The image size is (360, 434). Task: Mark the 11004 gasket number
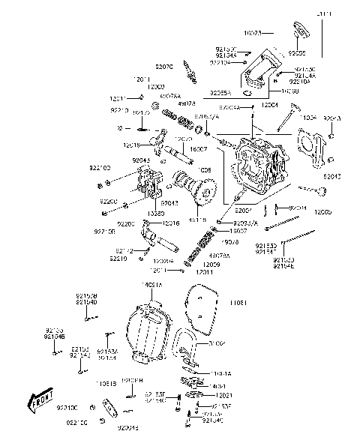click(x=309, y=118)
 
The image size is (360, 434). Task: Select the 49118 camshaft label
click(x=197, y=219)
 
